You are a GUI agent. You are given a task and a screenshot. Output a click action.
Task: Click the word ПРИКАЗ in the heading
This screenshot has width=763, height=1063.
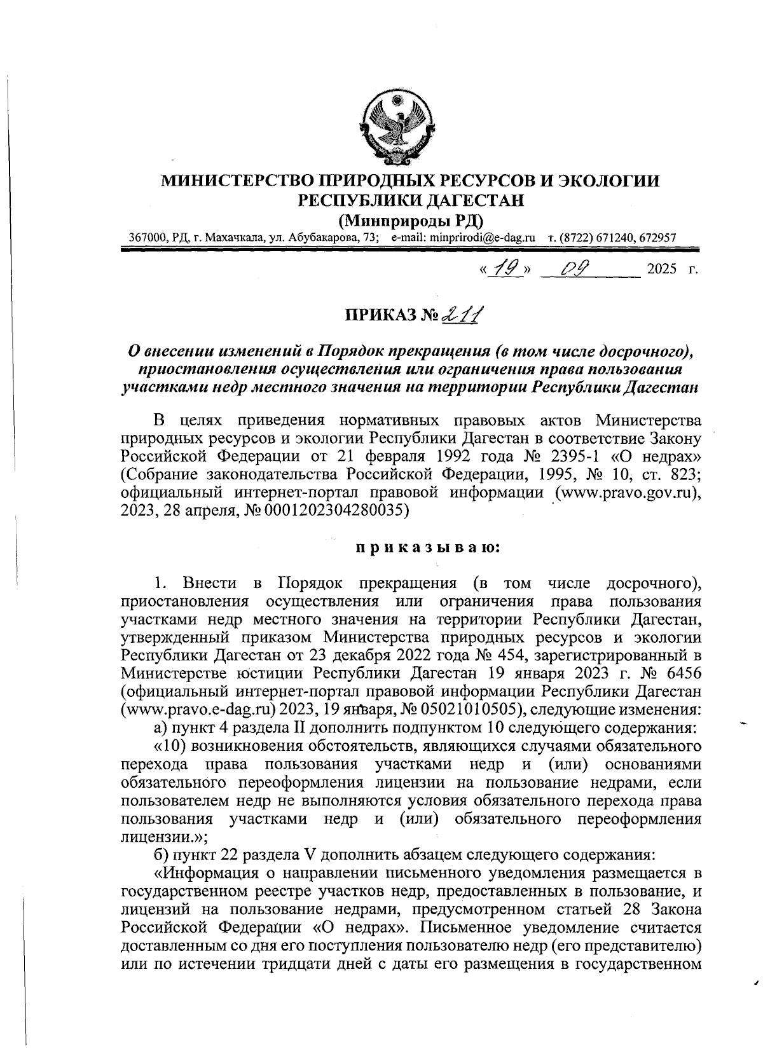click(381, 316)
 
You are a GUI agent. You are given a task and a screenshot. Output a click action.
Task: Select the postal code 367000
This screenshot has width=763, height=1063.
click(148, 237)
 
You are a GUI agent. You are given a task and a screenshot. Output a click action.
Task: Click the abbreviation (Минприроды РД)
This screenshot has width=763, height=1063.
click(411, 221)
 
